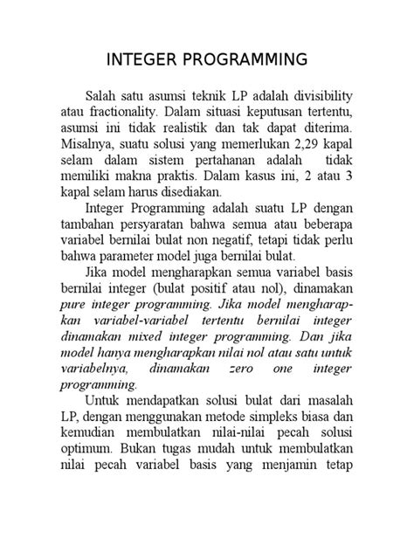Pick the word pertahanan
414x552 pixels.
252,160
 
